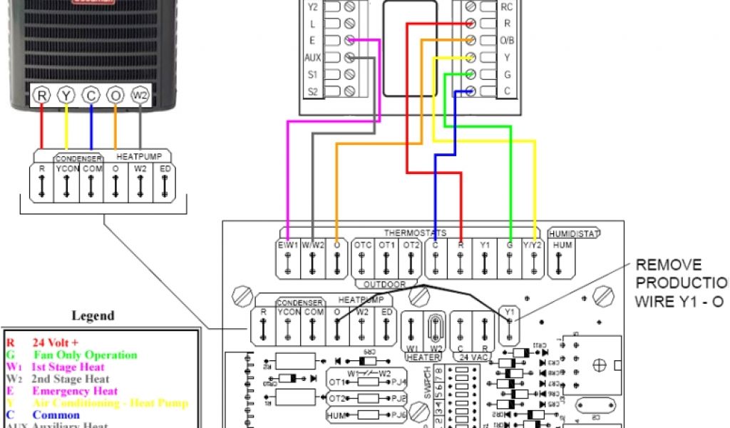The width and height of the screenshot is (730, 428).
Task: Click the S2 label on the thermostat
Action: [x=312, y=91]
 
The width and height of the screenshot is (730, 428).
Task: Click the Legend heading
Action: [x=94, y=315]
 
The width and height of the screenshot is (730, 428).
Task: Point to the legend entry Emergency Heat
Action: [x=74, y=391]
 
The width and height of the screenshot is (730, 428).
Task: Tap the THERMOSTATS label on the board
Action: [x=414, y=233]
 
